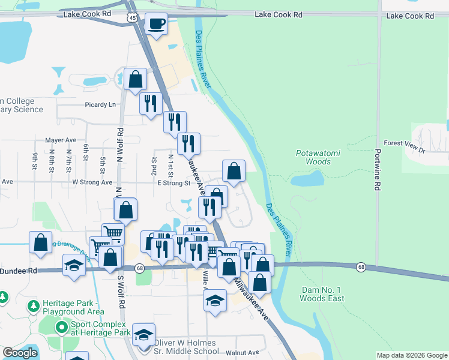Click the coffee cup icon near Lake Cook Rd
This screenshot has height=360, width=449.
tap(157, 24)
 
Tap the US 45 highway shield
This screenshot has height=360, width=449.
tap(132, 18)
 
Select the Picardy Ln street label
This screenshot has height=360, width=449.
tap(100, 104)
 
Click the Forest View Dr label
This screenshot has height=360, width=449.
tap(405, 143)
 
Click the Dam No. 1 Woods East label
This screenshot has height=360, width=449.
tap(322, 294)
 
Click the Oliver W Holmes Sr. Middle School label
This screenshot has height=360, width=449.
tap(186, 347)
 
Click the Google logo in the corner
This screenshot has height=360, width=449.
tap(20, 353)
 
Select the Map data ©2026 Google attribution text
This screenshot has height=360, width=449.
tap(411, 355)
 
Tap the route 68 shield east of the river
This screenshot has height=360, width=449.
tap(360, 266)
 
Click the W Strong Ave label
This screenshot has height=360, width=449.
tap(92, 182)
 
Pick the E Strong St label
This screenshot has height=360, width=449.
tap(173, 183)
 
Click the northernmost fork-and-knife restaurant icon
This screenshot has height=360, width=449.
tap(150, 103)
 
